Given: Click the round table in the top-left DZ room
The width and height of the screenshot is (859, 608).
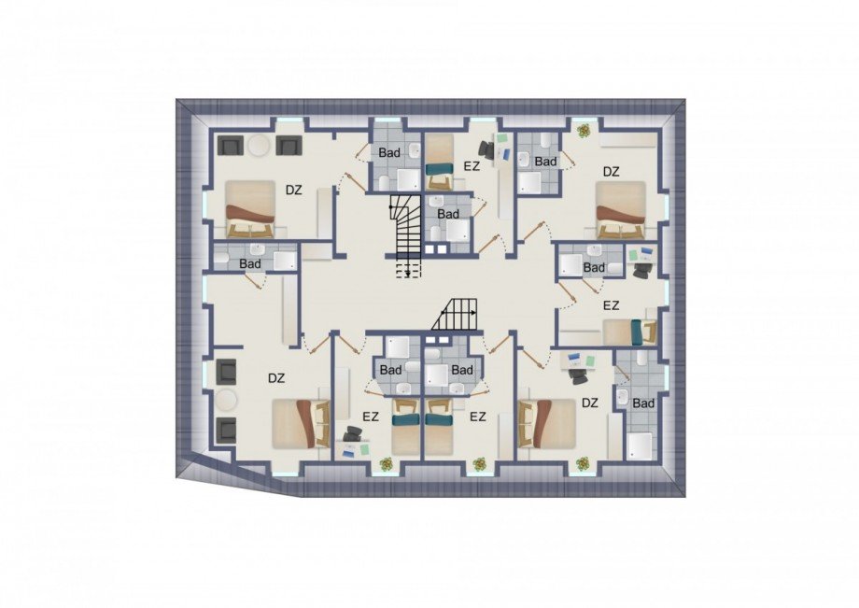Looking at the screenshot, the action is click(258, 147).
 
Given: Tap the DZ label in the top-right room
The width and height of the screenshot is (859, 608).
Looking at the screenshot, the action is click(611, 172).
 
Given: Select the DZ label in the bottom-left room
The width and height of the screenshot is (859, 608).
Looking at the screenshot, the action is click(276, 378).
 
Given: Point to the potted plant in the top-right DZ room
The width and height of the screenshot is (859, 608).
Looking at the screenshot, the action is click(584, 131).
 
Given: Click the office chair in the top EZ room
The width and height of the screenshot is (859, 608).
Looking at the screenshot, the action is click(487, 149).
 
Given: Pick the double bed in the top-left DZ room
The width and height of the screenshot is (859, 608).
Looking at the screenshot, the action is click(250, 208).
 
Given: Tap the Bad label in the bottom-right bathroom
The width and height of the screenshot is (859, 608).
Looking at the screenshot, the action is click(643, 403).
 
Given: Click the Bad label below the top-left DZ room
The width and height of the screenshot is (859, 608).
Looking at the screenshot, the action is click(250, 264).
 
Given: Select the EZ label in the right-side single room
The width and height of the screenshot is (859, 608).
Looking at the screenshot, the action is click(611, 305).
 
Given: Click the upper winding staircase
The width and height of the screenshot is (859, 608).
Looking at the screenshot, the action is click(406, 235).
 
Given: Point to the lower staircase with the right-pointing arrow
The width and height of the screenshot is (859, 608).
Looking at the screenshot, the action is click(454, 315).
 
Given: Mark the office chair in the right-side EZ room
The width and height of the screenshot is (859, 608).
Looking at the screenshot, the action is click(641, 271).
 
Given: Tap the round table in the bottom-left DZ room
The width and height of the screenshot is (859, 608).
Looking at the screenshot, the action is click(226, 401).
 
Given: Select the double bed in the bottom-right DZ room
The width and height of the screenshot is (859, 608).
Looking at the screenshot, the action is click(547, 423).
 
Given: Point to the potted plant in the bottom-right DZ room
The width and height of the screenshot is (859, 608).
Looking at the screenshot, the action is click(582, 464).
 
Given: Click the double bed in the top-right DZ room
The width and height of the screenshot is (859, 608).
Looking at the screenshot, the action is click(621, 210).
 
